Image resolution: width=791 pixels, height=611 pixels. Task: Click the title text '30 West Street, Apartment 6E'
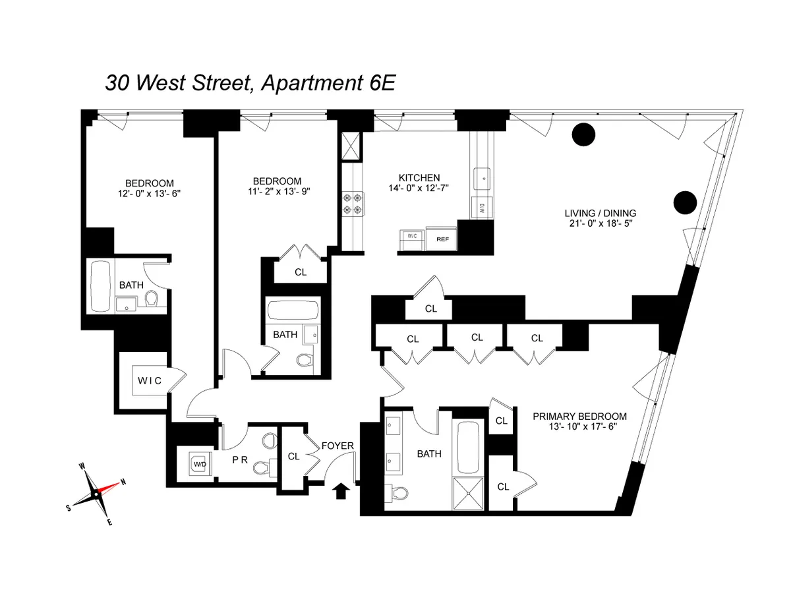[x=250, y=84]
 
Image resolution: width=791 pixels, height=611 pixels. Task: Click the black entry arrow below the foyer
[x=341, y=490]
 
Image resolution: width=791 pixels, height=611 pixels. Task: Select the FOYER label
[x=337, y=446]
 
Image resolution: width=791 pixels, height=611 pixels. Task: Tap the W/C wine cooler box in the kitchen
[x=412, y=240]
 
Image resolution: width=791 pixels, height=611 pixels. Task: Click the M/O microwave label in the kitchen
[x=482, y=208]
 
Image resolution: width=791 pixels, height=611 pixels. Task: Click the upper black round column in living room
[x=583, y=134]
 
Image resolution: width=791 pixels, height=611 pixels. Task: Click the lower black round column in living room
[x=685, y=201]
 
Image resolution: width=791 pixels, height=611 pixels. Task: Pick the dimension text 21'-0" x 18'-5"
[x=601, y=224]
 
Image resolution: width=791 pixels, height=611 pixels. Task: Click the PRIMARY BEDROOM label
[x=579, y=417]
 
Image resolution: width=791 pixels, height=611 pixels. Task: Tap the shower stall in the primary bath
[x=471, y=492]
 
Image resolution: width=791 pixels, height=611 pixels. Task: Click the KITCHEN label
[x=419, y=178]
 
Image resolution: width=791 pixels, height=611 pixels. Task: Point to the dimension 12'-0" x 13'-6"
[x=150, y=194]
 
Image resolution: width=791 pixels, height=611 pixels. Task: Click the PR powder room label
[x=239, y=460]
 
